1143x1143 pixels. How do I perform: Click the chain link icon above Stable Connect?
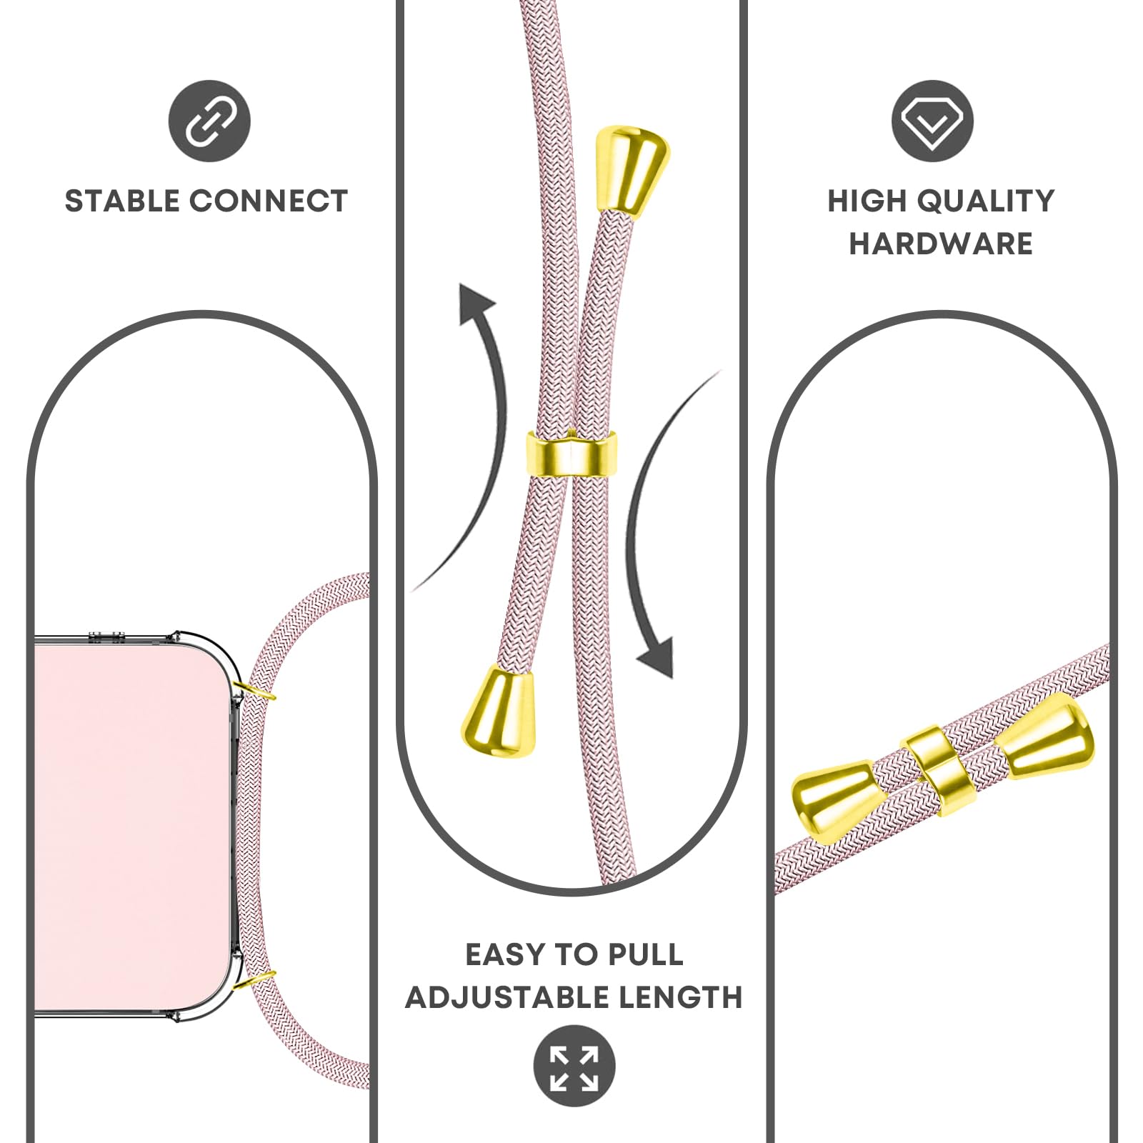(x=209, y=121)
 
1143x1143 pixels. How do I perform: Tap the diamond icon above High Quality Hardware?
(x=932, y=121)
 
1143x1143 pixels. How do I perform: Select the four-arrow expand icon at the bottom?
(x=574, y=1066)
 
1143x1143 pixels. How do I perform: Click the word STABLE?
(x=122, y=201)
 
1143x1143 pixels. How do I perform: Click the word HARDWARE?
(x=940, y=244)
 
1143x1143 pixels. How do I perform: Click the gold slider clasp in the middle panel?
(x=571, y=454)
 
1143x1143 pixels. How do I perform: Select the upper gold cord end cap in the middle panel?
(x=632, y=169)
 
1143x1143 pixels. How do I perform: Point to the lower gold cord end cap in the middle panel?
(x=498, y=710)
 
